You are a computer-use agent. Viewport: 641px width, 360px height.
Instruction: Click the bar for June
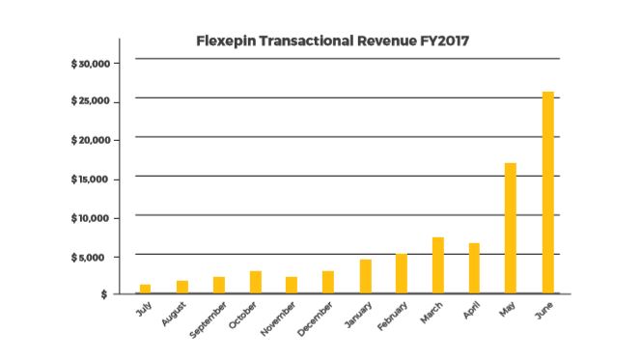(x=547, y=192)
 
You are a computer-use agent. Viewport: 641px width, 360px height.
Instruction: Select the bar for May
(x=511, y=228)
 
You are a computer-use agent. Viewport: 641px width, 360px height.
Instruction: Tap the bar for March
(x=437, y=264)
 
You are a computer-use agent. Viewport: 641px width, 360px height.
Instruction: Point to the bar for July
(x=146, y=288)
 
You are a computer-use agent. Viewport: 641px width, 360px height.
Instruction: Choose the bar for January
(x=365, y=276)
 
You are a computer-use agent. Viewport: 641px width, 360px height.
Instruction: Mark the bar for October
(x=255, y=282)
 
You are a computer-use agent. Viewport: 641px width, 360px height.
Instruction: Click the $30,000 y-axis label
(x=94, y=64)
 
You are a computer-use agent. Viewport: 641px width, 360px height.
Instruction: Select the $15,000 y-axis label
(x=94, y=180)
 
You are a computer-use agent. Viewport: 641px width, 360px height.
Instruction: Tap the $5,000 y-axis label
(x=96, y=257)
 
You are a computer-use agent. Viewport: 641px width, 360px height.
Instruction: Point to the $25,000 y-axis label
(x=94, y=102)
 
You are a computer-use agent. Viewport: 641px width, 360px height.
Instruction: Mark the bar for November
(x=292, y=285)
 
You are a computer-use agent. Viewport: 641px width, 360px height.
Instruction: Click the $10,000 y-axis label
(x=94, y=218)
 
